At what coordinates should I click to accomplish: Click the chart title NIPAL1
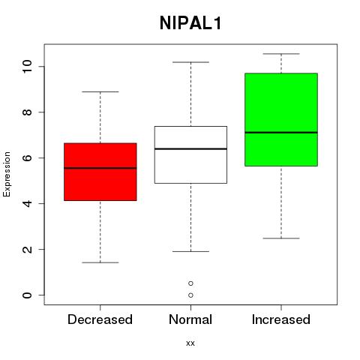[x=190, y=23]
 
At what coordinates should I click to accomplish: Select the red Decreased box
[x=100, y=172]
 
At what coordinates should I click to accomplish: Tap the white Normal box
[x=190, y=154]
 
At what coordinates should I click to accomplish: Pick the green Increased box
[x=281, y=119]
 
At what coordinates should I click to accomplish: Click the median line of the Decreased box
[x=100, y=168]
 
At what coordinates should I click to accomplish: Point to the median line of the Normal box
[x=190, y=148]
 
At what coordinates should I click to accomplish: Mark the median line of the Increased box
[x=281, y=133]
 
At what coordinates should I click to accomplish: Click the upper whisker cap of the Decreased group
[x=100, y=91]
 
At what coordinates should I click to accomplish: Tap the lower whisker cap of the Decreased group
[x=100, y=262]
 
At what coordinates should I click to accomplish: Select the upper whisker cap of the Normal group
[x=190, y=62]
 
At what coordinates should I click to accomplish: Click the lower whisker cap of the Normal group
[x=190, y=251]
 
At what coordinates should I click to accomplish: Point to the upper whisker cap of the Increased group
[x=281, y=54]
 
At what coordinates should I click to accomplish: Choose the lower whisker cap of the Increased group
[x=281, y=238]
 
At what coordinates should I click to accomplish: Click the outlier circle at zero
[x=190, y=295]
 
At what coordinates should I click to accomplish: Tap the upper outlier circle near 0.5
[x=190, y=283]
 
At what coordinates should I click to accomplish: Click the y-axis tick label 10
[x=28, y=66]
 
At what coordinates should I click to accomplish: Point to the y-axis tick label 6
[x=28, y=157]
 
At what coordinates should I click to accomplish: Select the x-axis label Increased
[x=281, y=319]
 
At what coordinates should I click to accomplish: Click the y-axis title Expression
[x=7, y=174]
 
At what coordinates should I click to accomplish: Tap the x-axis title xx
[x=190, y=343]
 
